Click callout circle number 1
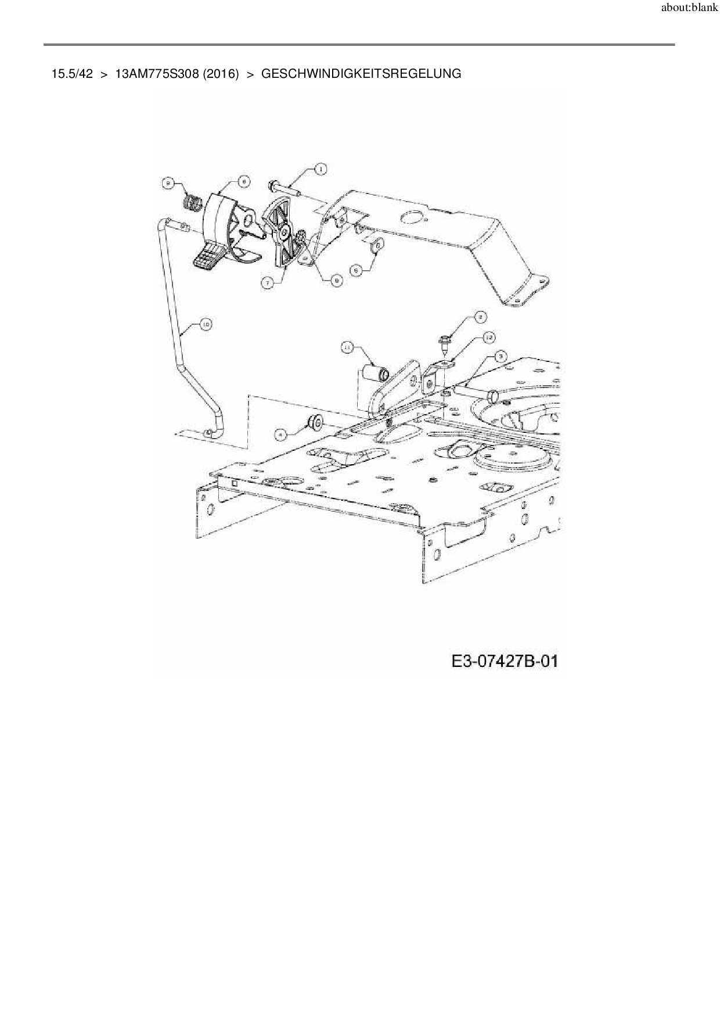(320, 169)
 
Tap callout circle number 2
(481, 317)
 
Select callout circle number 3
(500, 356)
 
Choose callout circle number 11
(347, 347)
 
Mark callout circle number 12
(488, 337)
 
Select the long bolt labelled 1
(283, 188)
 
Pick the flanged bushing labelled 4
(315, 422)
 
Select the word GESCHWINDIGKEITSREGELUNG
(361, 74)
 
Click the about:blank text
(689, 9)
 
